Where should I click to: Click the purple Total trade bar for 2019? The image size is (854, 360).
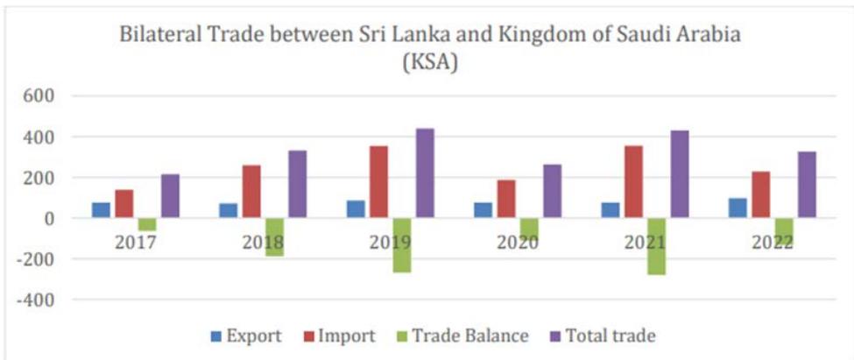[x=424, y=173]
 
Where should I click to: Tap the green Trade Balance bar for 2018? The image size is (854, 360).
[x=274, y=236]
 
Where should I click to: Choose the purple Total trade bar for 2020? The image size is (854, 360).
[x=552, y=191]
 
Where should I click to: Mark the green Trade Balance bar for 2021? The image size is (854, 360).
[x=656, y=246]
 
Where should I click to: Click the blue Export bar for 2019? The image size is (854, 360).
[x=356, y=209]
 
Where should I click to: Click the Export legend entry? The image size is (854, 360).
[x=246, y=335]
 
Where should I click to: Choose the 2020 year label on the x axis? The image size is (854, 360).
[x=517, y=242]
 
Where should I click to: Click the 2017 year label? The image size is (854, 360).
[x=136, y=242]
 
